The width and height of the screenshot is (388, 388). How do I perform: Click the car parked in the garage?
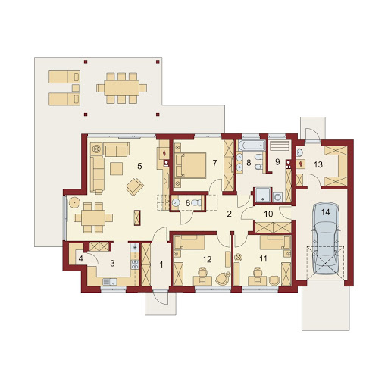point(326,238)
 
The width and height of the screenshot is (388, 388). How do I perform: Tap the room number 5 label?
point(139,166)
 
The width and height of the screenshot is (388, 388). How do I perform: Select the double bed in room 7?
point(190,165)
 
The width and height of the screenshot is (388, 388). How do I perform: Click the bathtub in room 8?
point(251,145)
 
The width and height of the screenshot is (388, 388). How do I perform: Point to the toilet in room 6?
point(196,202)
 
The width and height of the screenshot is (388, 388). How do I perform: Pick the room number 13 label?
point(318,164)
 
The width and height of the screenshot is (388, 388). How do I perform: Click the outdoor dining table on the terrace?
point(121,88)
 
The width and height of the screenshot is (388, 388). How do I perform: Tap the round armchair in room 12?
point(223,279)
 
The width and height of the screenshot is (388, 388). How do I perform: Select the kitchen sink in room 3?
point(110,281)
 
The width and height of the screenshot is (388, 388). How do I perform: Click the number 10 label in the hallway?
point(268,214)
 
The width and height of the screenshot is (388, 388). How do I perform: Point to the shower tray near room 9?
point(263,195)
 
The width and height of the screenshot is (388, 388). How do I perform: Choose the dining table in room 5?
point(93,217)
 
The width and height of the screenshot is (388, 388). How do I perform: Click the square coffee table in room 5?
point(117,168)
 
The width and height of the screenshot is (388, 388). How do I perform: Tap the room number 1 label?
point(161,264)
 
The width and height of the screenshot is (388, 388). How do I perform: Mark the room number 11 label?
point(263,258)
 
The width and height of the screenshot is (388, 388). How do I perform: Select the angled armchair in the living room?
point(135,186)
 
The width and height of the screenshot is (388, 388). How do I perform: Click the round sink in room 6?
point(176,202)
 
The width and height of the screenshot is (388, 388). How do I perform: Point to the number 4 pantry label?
point(80,259)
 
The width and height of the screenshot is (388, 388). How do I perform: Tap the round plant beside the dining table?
point(75,202)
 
